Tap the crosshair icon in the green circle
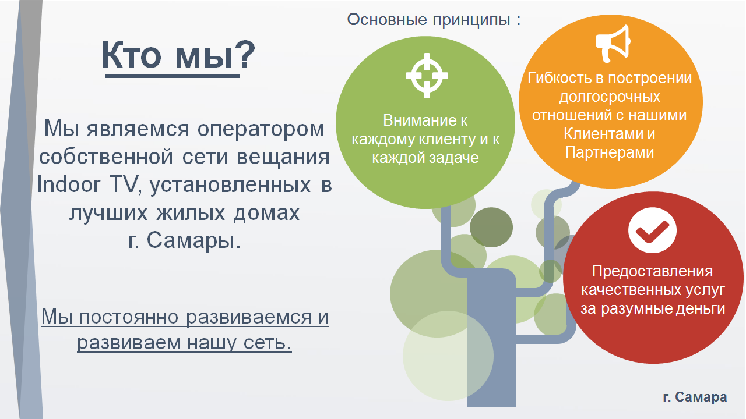coord(427,76)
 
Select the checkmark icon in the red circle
coord(652,230)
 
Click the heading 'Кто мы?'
coord(178,55)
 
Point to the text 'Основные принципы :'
coord(434,20)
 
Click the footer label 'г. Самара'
coord(695,397)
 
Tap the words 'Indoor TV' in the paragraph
coord(87,184)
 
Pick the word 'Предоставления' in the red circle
coord(652,271)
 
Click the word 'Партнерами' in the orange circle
coord(610,153)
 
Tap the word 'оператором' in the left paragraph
coord(261,129)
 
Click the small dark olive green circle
coord(491,227)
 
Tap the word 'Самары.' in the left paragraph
coord(193,240)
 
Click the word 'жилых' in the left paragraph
coord(191,213)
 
